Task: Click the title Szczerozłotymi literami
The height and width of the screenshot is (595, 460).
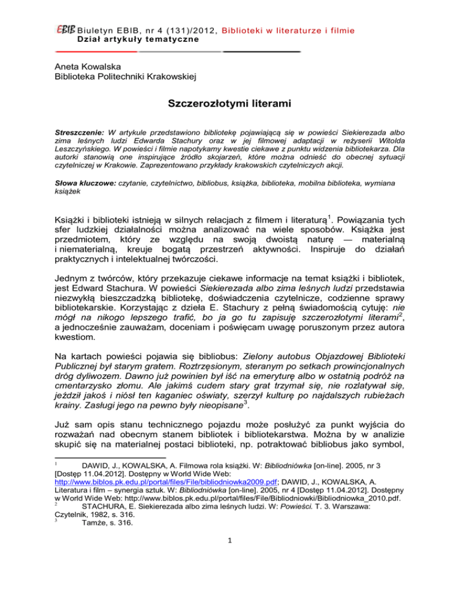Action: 229,108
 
